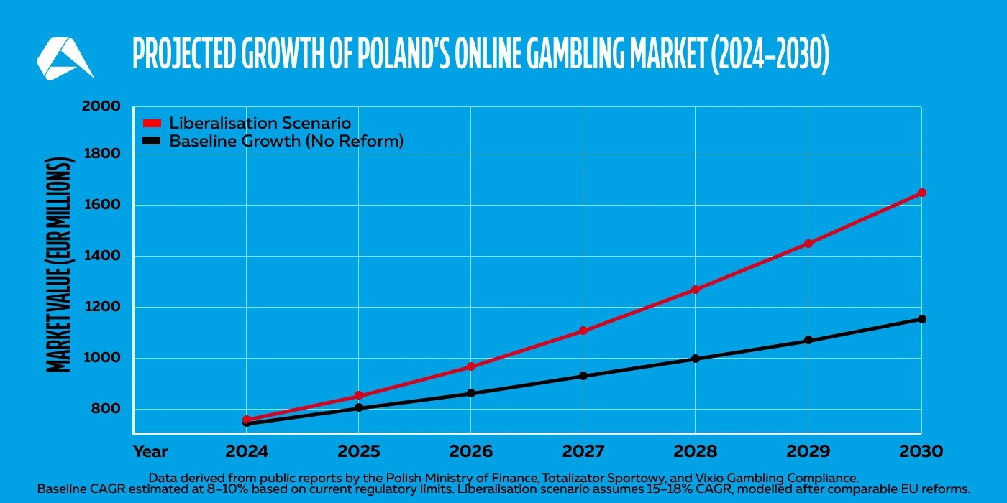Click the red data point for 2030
921,193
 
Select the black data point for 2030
921,319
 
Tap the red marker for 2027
583,331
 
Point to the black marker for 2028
696,359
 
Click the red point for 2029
808,244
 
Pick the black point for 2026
471,393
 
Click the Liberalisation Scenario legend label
260,123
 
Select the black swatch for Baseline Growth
152,141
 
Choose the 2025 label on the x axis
358,452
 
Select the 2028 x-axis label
696,452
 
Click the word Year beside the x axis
150,452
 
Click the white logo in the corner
63,58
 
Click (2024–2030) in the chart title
769,54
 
